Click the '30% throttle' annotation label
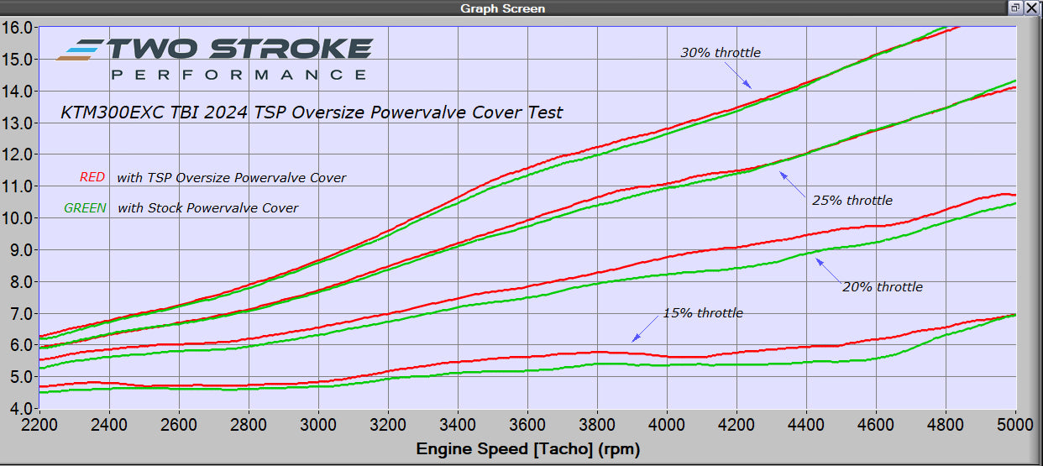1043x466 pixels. [x=720, y=53]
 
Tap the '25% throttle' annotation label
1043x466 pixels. [x=852, y=201]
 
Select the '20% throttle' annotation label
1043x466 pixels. [x=882, y=287]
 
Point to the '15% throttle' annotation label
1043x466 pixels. [x=702, y=313]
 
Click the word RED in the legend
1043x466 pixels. [x=92, y=178]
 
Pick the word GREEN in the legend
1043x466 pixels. [x=85, y=208]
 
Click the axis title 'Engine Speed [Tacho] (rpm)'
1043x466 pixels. [x=527, y=449]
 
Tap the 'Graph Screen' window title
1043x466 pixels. [x=502, y=8]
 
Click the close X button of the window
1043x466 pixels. [x=1031, y=8]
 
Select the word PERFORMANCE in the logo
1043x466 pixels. [x=238, y=75]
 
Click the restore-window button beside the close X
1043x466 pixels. [x=1015, y=8]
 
